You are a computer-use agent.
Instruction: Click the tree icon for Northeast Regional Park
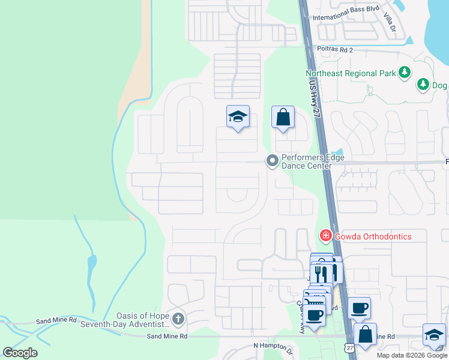[405, 73]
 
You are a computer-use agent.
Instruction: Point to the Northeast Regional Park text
[351, 73]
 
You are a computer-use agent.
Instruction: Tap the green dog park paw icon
[423, 84]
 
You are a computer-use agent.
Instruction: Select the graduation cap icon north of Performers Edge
[238, 116]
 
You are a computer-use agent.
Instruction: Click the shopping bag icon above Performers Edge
[283, 117]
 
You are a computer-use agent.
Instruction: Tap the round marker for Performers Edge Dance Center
[273, 160]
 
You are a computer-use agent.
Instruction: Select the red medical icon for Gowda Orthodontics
[326, 236]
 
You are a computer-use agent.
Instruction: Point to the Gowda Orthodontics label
[373, 236]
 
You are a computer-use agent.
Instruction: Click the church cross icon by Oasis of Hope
[178, 317]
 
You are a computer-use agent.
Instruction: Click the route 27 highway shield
[349, 348]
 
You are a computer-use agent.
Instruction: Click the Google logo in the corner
[20, 352]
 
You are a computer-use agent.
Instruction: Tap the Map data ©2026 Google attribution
[411, 355]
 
